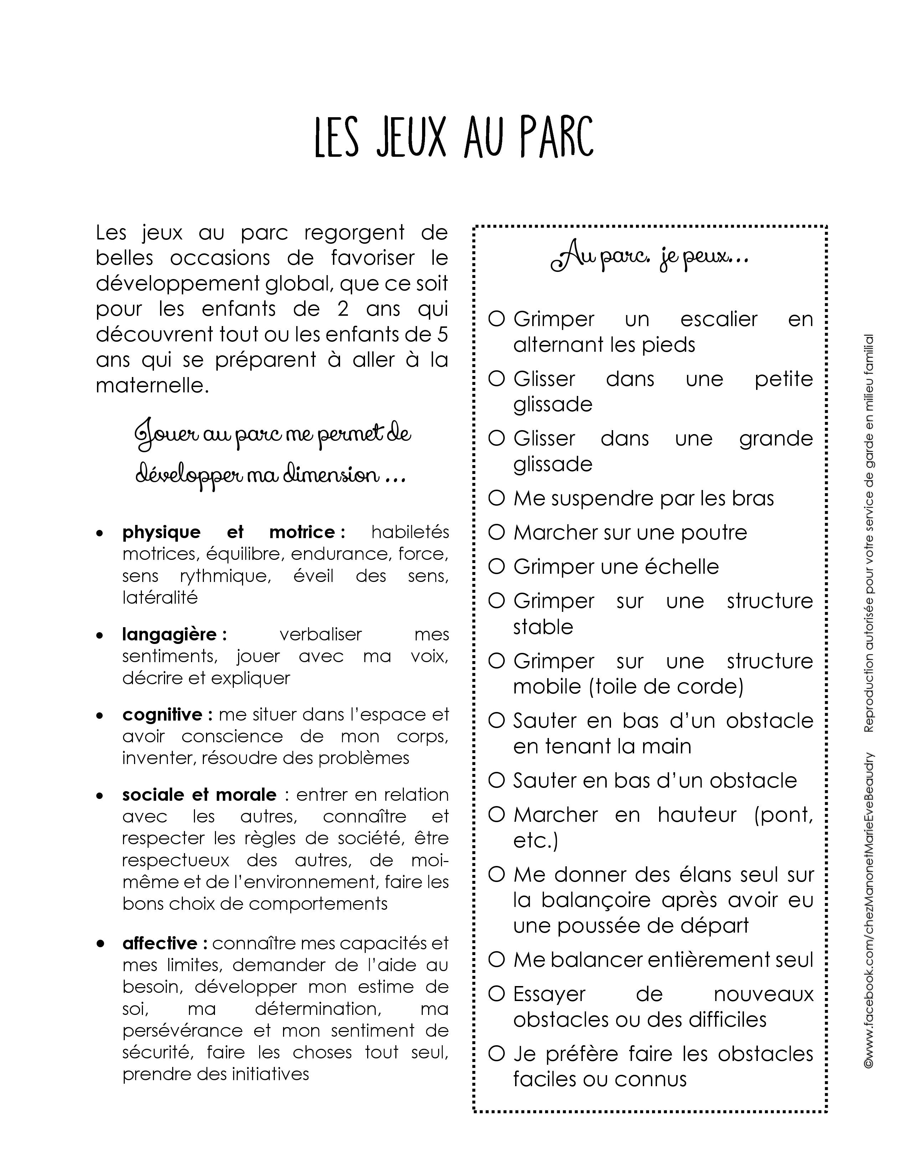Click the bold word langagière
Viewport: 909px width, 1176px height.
[169, 634]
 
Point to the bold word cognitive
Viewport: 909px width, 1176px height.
[162, 715]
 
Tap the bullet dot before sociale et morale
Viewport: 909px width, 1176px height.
[99, 795]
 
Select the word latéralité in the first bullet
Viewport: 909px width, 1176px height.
[160, 598]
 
